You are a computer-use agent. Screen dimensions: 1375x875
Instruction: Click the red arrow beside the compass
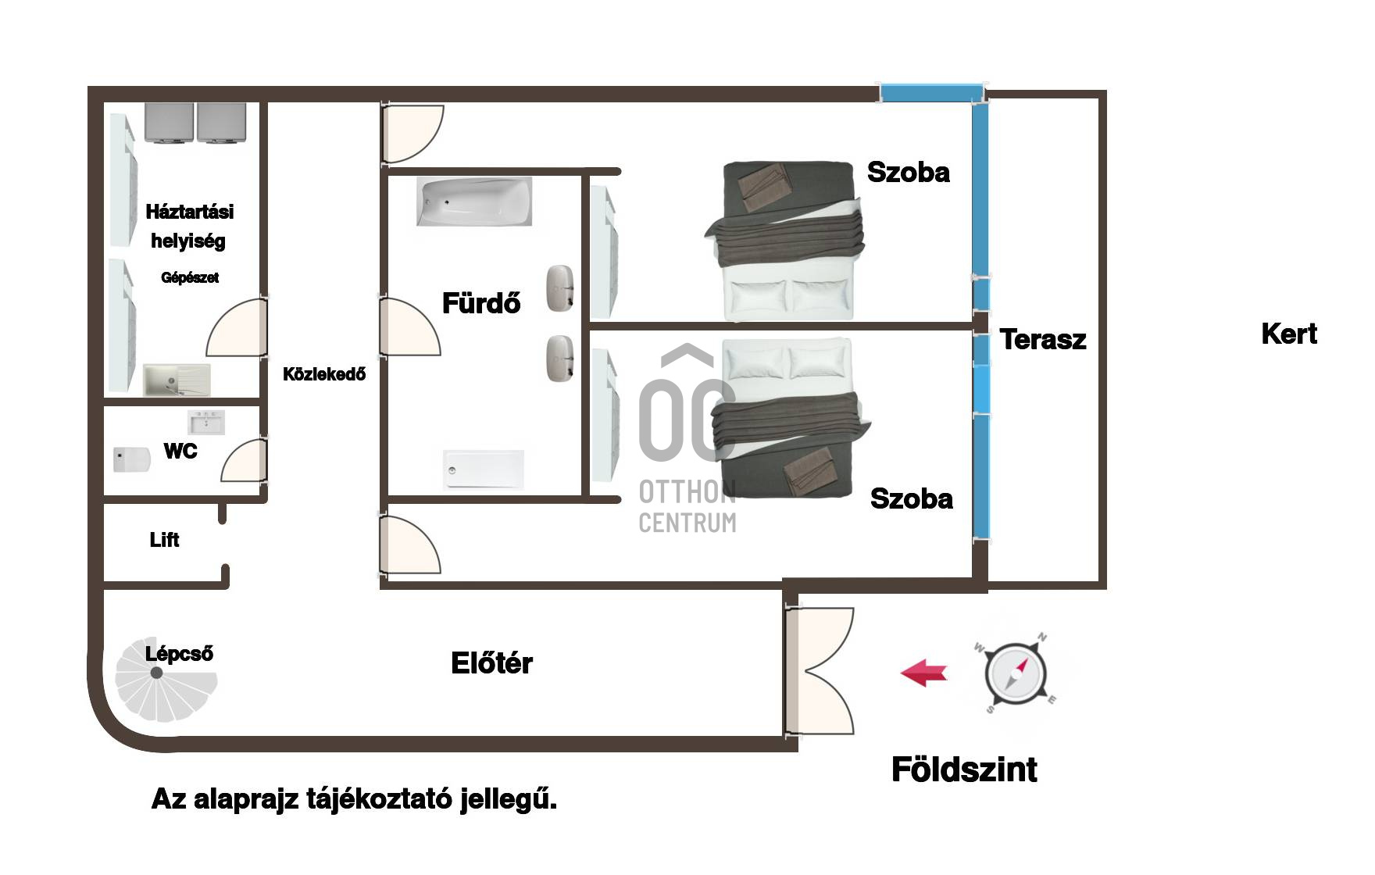click(x=924, y=672)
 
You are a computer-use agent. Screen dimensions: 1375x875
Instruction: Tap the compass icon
click(x=1016, y=673)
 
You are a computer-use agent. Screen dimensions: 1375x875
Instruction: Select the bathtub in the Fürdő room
click(x=474, y=202)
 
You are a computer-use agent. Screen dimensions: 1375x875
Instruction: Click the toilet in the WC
click(x=131, y=459)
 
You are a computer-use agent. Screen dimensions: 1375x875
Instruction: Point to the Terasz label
click(x=1043, y=339)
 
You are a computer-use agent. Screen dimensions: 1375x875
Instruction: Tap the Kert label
click(x=1289, y=334)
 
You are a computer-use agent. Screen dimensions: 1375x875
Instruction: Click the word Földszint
click(x=964, y=770)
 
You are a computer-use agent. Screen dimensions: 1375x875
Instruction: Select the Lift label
click(x=164, y=540)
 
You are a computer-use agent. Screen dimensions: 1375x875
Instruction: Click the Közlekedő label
click(x=324, y=374)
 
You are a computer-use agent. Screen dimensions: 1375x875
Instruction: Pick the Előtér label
click(x=491, y=663)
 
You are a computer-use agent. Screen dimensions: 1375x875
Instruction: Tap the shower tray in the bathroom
click(x=484, y=470)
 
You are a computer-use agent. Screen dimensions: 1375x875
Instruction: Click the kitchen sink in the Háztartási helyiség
click(x=177, y=380)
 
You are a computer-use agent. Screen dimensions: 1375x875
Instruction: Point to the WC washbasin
click(x=206, y=423)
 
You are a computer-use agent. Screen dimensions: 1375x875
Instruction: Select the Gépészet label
click(x=190, y=277)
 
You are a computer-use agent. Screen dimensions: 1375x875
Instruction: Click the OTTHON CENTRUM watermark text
click(x=687, y=507)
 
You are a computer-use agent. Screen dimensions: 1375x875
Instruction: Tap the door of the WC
click(x=245, y=460)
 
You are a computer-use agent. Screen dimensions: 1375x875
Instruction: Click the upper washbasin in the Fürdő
click(x=560, y=288)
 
